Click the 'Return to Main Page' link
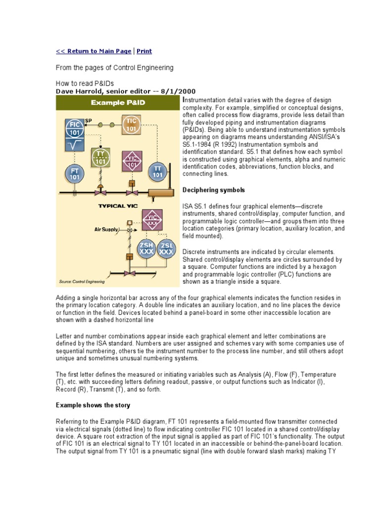[x=94, y=51]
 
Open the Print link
[x=144, y=51]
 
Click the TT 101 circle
[x=157, y=172]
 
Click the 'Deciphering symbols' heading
[x=214, y=190]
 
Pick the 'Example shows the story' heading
[x=93, y=405]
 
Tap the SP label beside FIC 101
[x=88, y=120]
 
